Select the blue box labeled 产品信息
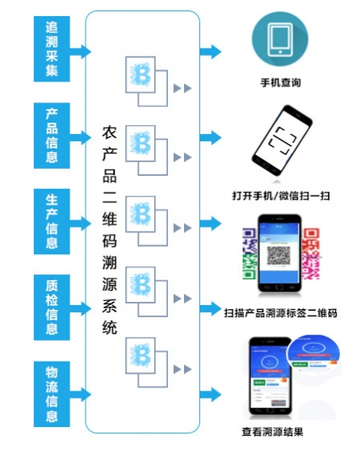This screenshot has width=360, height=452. point(52,134)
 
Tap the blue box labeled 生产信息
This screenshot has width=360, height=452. point(52,220)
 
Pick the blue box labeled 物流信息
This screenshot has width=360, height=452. point(52,394)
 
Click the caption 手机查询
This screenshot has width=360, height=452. point(280,82)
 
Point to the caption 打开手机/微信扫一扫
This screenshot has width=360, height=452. point(281,195)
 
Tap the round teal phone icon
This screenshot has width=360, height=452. point(280,40)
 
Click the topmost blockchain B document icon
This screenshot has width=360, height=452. point(145,77)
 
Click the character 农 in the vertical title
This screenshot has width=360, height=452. point(111,131)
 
